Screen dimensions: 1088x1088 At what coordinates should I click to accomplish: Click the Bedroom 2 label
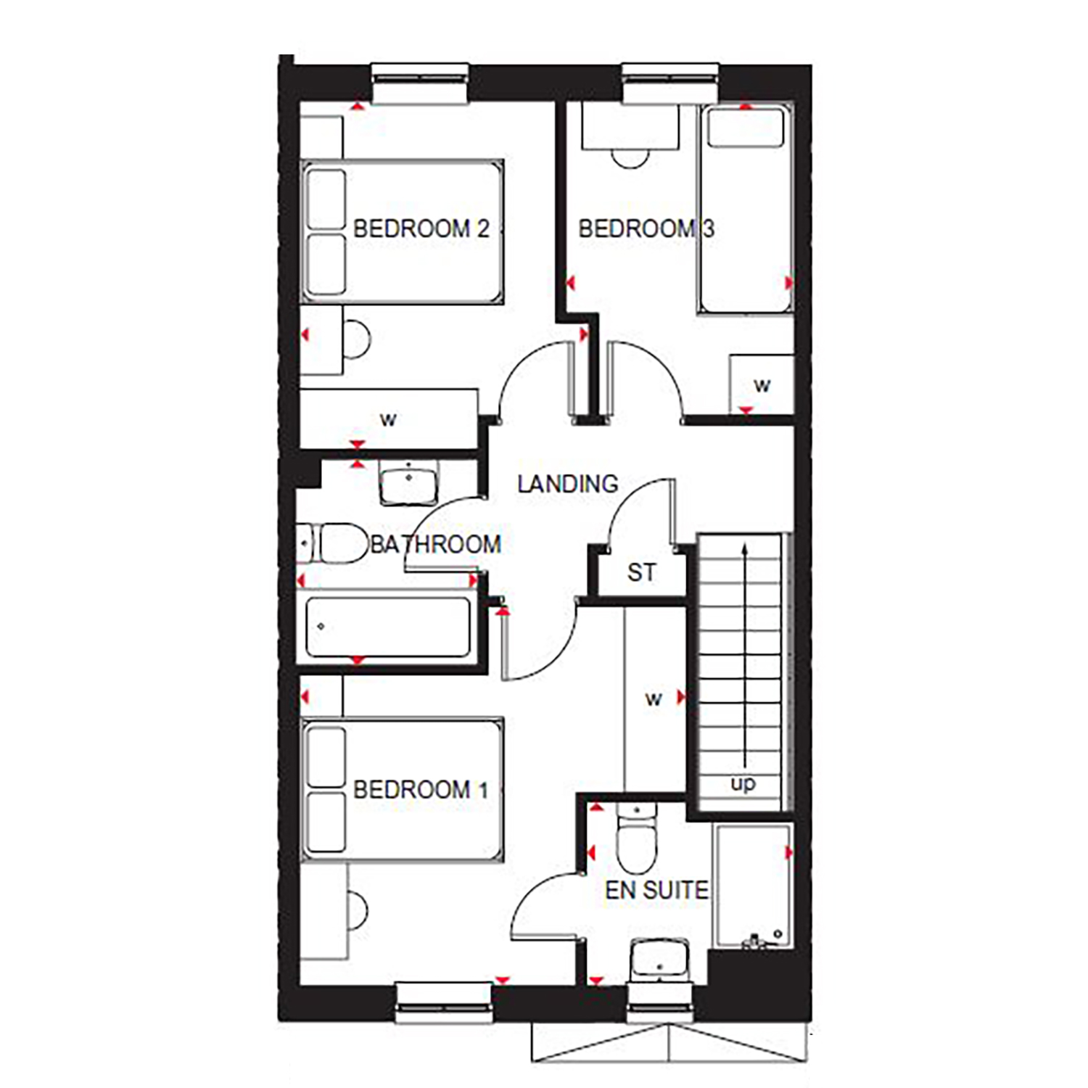[421, 228]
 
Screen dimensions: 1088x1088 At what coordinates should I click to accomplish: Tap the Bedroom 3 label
[646, 228]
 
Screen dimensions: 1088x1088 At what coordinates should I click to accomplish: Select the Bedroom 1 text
[421, 789]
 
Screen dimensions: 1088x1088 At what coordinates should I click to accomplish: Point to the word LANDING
[567, 484]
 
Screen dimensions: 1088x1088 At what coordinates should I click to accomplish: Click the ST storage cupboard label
[641, 573]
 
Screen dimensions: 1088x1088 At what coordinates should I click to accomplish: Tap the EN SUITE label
[656, 890]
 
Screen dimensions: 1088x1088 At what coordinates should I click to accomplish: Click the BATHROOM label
[435, 544]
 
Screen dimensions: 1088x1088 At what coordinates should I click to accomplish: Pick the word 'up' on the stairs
[743, 783]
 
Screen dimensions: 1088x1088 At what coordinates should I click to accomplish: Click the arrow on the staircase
[745, 653]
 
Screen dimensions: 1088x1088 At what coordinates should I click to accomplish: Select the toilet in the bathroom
[334, 543]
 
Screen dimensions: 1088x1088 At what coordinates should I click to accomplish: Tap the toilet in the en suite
[636, 838]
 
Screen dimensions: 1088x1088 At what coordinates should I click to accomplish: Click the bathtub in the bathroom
[387, 627]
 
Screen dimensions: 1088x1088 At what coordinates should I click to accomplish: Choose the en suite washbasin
[659, 961]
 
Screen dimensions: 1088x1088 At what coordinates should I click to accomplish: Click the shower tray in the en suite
[752, 886]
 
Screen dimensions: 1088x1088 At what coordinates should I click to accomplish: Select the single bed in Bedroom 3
[744, 210]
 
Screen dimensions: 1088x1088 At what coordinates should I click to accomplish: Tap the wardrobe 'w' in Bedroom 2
[389, 419]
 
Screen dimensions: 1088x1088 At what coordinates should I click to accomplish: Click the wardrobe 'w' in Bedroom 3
[762, 385]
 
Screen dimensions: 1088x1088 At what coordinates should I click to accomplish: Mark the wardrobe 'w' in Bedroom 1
[654, 699]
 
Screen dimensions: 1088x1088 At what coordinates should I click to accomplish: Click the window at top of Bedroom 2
[420, 83]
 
